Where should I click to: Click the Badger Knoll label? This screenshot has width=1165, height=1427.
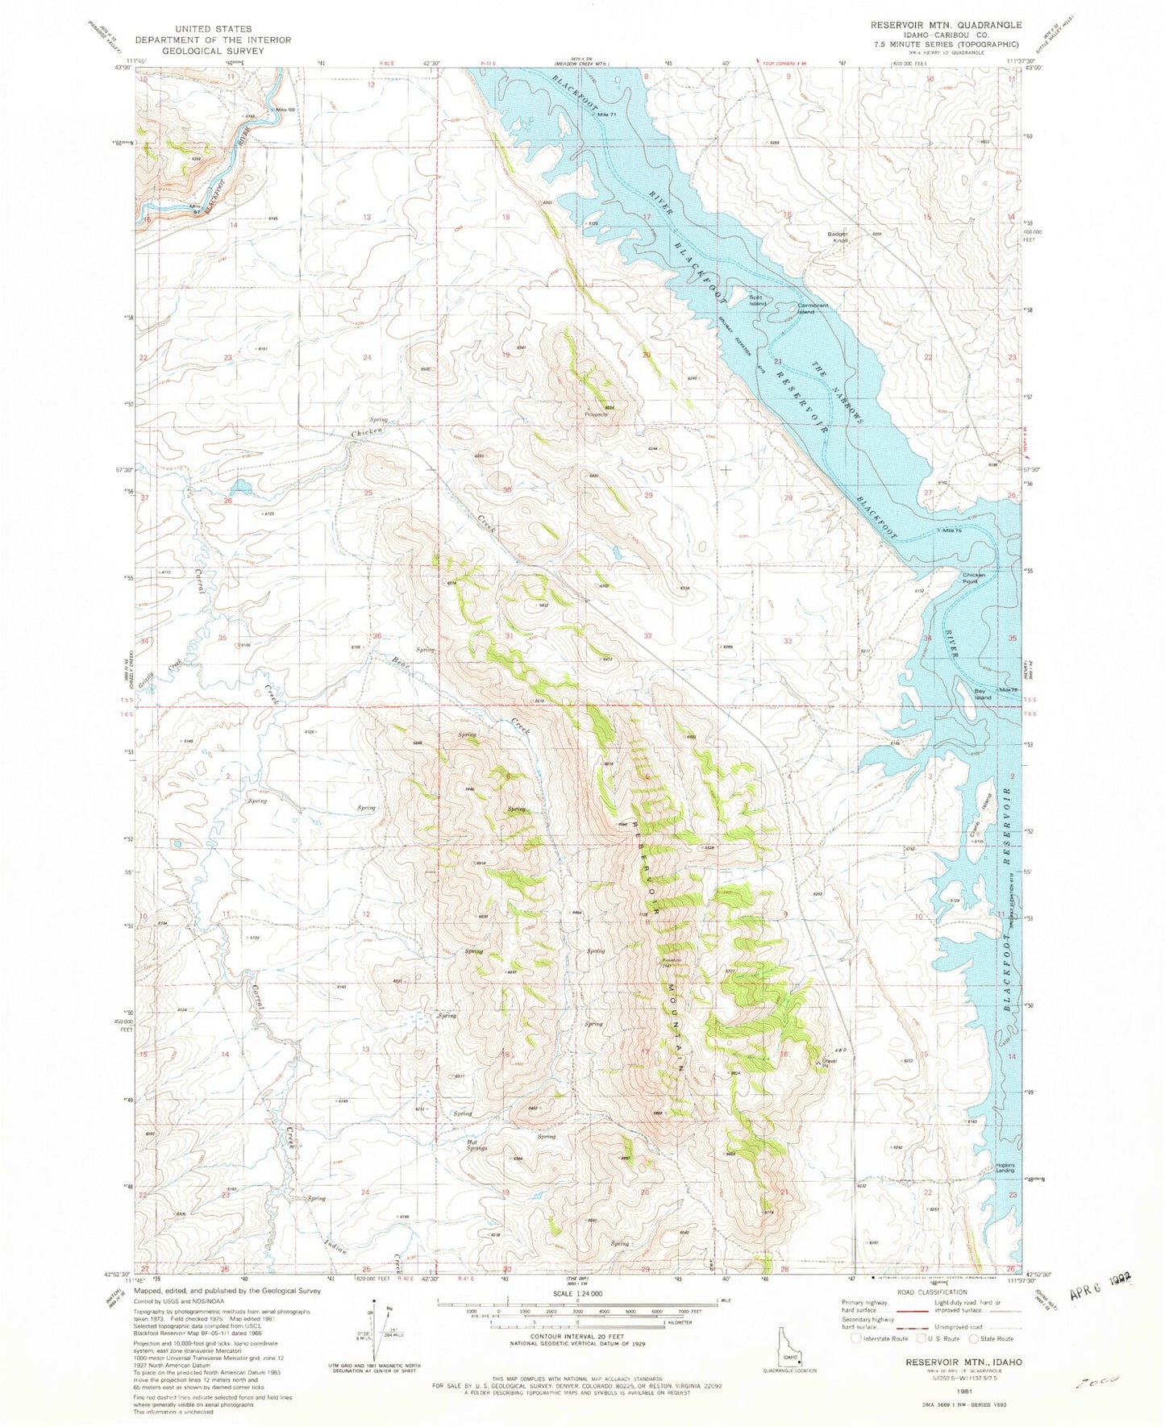point(838,238)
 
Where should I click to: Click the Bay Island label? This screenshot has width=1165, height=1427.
point(980,694)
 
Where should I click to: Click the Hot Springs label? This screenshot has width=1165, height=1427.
point(476,1145)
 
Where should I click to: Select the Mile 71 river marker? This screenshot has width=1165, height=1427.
point(606,115)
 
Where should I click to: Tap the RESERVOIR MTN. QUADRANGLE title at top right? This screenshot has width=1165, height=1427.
point(946,25)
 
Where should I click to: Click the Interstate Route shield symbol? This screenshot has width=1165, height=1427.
point(856,1338)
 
